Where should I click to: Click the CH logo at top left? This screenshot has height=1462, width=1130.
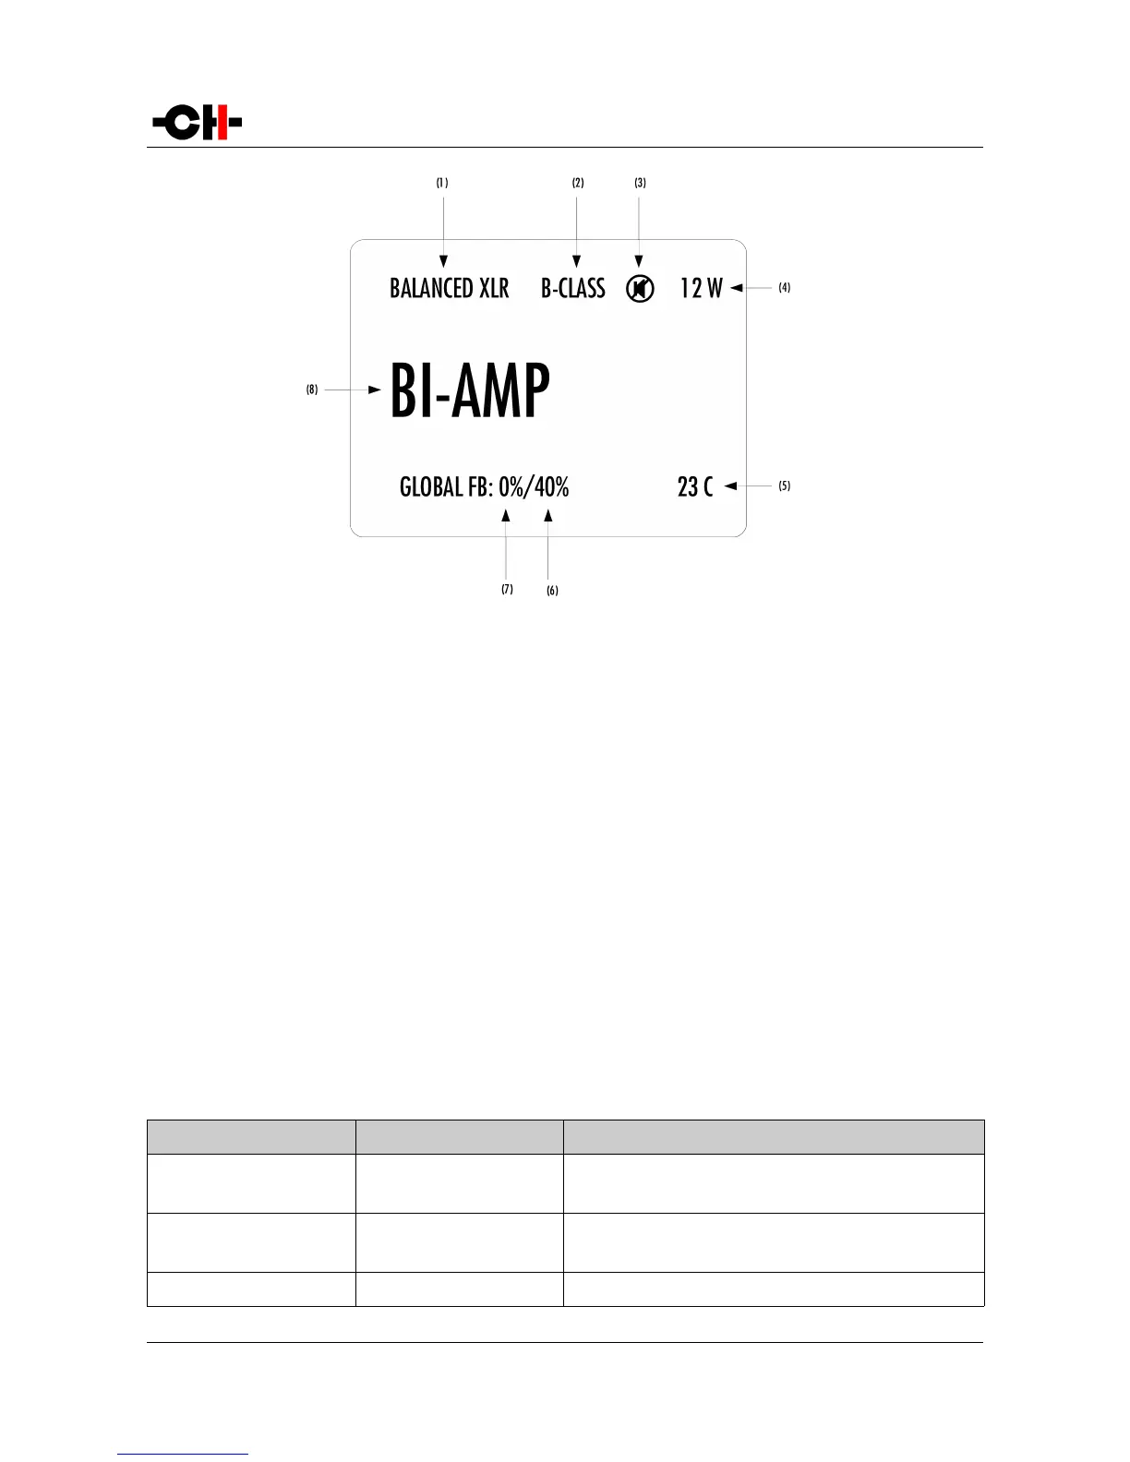(x=198, y=123)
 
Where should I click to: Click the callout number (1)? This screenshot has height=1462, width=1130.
(x=443, y=183)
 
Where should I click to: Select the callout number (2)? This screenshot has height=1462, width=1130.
(x=578, y=183)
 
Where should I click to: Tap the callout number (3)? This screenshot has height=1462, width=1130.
(x=640, y=183)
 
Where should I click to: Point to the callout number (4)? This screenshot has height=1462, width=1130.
(x=784, y=288)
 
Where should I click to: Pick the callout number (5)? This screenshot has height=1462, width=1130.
(x=784, y=485)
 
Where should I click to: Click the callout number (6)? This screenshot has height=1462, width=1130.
(x=552, y=591)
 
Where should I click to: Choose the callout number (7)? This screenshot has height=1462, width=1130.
(x=507, y=589)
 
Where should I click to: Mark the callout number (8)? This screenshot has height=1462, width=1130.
(x=312, y=389)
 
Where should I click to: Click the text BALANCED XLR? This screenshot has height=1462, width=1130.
(x=449, y=289)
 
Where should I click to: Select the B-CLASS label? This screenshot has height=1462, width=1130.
(x=572, y=289)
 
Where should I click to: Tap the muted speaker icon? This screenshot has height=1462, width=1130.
(x=640, y=289)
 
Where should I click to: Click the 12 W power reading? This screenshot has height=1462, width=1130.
(x=701, y=289)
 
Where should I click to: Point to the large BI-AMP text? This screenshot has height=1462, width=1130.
(x=470, y=390)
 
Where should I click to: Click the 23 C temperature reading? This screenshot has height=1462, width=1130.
(x=695, y=486)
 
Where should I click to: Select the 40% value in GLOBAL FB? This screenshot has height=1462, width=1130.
(x=552, y=486)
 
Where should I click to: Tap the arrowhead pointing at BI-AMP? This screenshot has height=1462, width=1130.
(x=374, y=389)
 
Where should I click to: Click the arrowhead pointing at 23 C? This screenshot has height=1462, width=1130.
(x=730, y=485)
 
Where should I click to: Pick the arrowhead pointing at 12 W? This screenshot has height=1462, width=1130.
(x=737, y=288)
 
